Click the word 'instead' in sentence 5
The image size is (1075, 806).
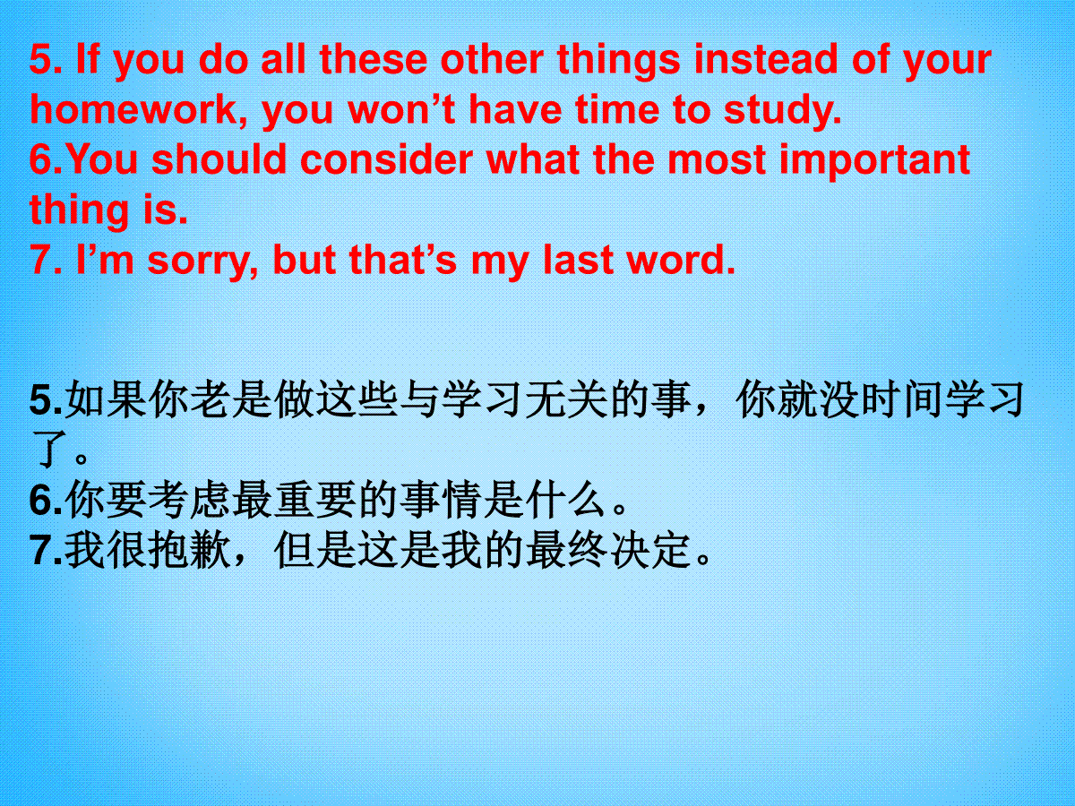(765, 59)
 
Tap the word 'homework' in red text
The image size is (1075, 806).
(133, 110)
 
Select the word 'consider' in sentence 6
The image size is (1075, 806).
(386, 159)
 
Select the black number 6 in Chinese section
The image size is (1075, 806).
(41, 500)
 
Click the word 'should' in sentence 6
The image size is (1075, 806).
(219, 159)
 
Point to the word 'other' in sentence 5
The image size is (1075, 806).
(492, 59)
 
